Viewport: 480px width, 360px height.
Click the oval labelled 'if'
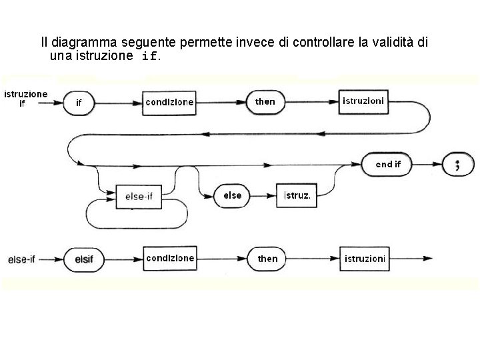pyautogui.click(x=79, y=103)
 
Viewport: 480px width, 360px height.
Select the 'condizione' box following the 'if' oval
pyautogui.click(x=170, y=102)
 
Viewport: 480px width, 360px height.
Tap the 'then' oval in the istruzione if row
pyautogui.click(x=265, y=102)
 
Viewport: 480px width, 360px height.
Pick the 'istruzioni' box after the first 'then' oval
pyautogui.click(x=363, y=102)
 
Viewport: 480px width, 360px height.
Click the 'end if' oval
pyautogui.click(x=389, y=164)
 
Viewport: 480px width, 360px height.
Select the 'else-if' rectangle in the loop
pyautogui.click(x=139, y=196)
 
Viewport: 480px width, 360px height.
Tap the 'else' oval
pyautogui.click(x=233, y=195)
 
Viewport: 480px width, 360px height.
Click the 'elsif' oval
pyautogui.click(x=84, y=258)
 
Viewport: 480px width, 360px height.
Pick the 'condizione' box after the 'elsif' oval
pyautogui.click(x=170, y=258)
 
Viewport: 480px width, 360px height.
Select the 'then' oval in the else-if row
pyautogui.click(x=267, y=258)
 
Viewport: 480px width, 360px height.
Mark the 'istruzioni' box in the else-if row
pyautogui.click(x=365, y=258)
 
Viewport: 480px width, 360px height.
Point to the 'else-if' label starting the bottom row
pyautogui.click(x=21, y=259)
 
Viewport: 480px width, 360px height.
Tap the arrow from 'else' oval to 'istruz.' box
pyautogui.click(x=264, y=196)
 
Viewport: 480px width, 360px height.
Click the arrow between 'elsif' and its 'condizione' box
pyautogui.click(x=125, y=258)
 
